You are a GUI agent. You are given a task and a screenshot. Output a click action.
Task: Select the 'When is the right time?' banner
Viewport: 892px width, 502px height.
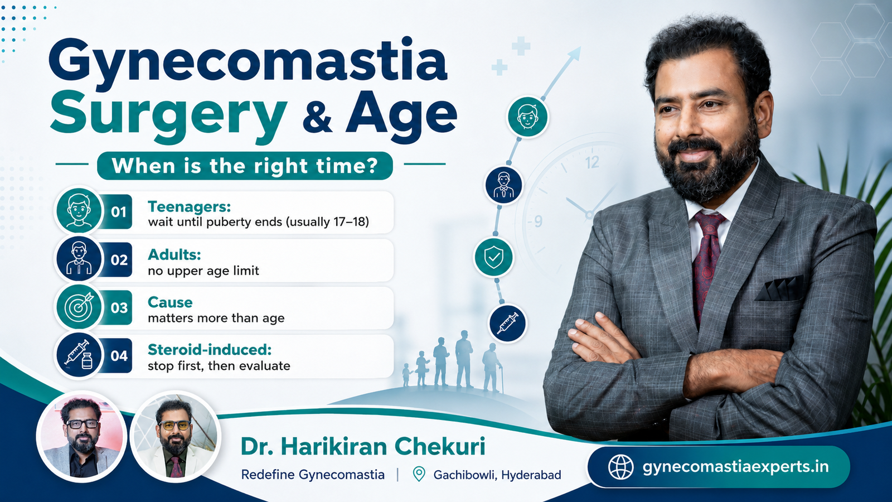[x=245, y=166]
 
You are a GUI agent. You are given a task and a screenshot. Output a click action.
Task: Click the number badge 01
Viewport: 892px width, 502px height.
[x=119, y=211]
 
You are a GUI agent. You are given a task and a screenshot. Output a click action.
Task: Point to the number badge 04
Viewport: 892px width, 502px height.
[x=119, y=355]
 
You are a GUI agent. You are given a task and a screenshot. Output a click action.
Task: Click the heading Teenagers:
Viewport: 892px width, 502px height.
[x=189, y=207]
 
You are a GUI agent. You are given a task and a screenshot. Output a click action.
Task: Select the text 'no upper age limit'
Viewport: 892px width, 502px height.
[x=203, y=271]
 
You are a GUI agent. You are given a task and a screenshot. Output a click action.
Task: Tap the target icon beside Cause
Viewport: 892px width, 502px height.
[x=79, y=307]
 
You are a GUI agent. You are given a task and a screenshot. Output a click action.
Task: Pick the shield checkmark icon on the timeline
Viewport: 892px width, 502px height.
[x=494, y=257]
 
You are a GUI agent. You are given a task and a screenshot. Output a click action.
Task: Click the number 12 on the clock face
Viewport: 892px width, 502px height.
[x=592, y=162]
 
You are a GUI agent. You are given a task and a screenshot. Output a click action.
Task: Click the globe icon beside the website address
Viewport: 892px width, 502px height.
[x=621, y=467]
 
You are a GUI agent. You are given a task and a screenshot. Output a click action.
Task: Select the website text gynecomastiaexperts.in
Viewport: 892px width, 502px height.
[x=736, y=467]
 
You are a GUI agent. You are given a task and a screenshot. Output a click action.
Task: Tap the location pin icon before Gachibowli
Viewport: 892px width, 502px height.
[x=419, y=474]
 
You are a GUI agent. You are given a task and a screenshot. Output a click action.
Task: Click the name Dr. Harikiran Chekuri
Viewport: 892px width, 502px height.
[x=363, y=446]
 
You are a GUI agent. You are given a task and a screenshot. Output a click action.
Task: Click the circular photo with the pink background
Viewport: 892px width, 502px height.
[x=81, y=437]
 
